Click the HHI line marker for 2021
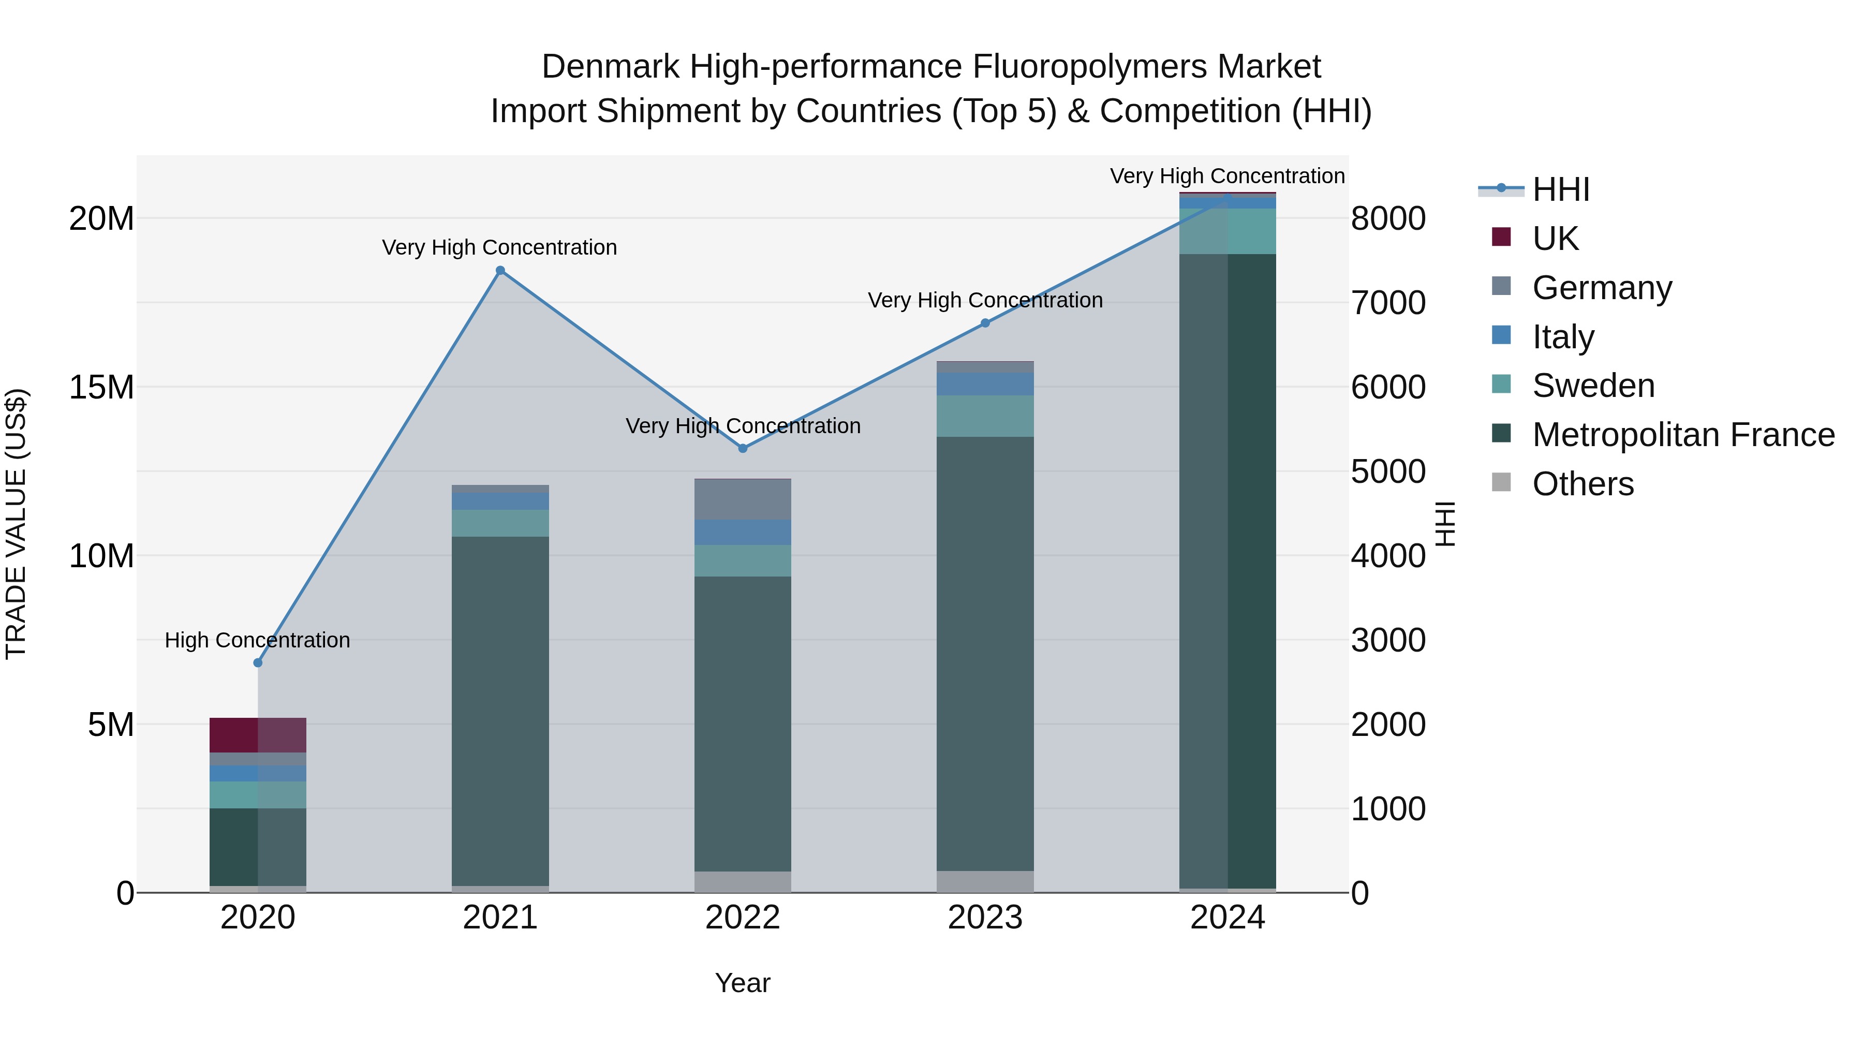[x=500, y=271]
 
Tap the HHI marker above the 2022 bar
[x=743, y=448]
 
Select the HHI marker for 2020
[x=258, y=662]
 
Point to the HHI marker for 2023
[x=985, y=323]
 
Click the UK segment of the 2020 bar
[x=258, y=735]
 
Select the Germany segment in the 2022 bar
[x=743, y=499]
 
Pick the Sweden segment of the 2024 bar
[x=1228, y=231]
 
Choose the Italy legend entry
[x=1563, y=336]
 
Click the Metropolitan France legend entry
[x=1683, y=435]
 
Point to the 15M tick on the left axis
[x=101, y=387]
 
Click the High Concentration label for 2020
[x=258, y=640]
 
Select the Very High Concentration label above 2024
[x=1228, y=176]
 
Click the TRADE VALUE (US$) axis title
[x=16, y=524]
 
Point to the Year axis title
[x=743, y=983]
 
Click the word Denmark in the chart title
[x=610, y=67]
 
